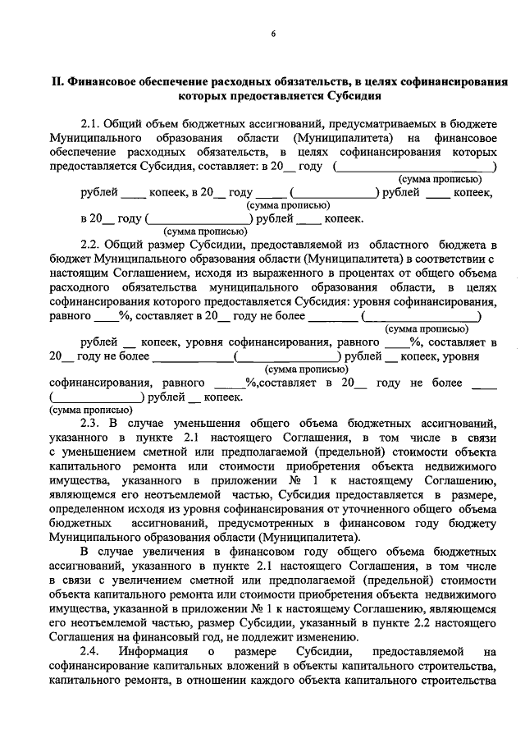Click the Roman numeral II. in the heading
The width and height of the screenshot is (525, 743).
[57, 82]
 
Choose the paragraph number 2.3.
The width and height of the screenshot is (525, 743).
[92, 424]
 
